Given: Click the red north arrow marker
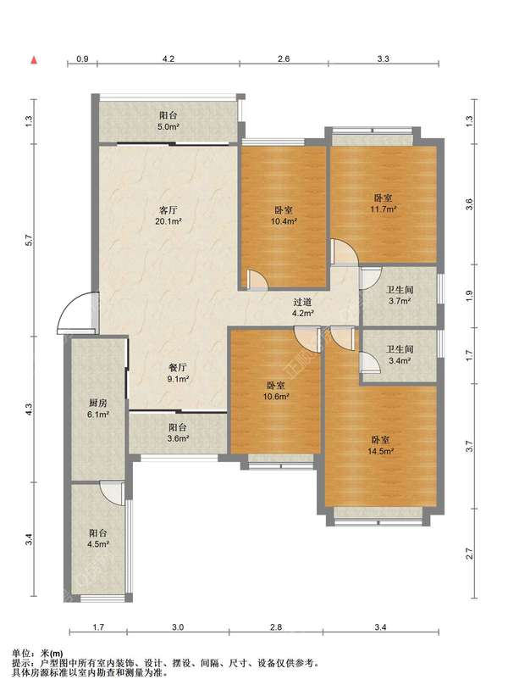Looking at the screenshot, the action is tap(34, 59).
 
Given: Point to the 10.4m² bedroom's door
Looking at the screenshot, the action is tap(257, 280).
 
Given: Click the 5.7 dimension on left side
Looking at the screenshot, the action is tap(29, 240).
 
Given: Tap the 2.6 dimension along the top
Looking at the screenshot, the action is tap(284, 58).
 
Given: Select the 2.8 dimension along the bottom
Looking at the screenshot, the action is tap(276, 627).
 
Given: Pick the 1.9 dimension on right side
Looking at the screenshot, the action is tap(470, 296).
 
